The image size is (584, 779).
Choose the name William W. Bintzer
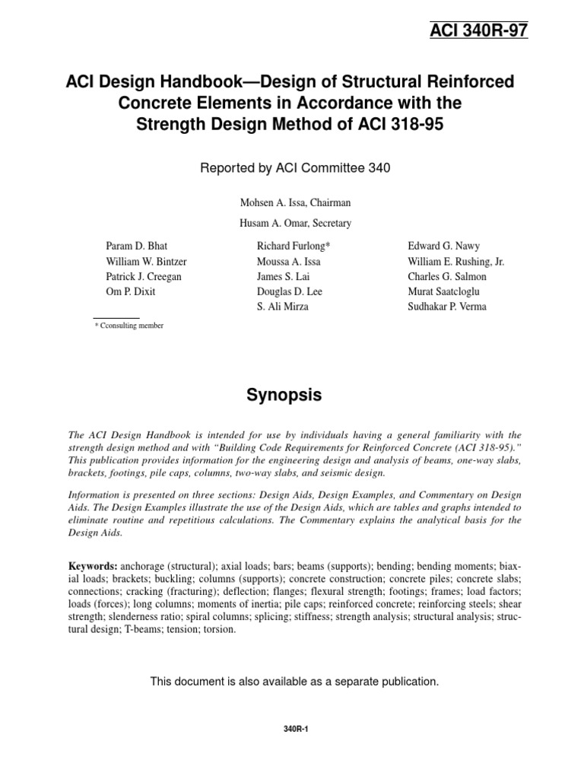coord(144,262)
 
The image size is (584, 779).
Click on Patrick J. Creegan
coord(143,277)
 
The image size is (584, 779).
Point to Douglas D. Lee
coord(288,292)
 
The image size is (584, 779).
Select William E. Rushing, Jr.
coord(456,262)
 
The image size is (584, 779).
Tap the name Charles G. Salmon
coord(448,277)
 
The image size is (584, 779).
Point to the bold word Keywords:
coord(93,567)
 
